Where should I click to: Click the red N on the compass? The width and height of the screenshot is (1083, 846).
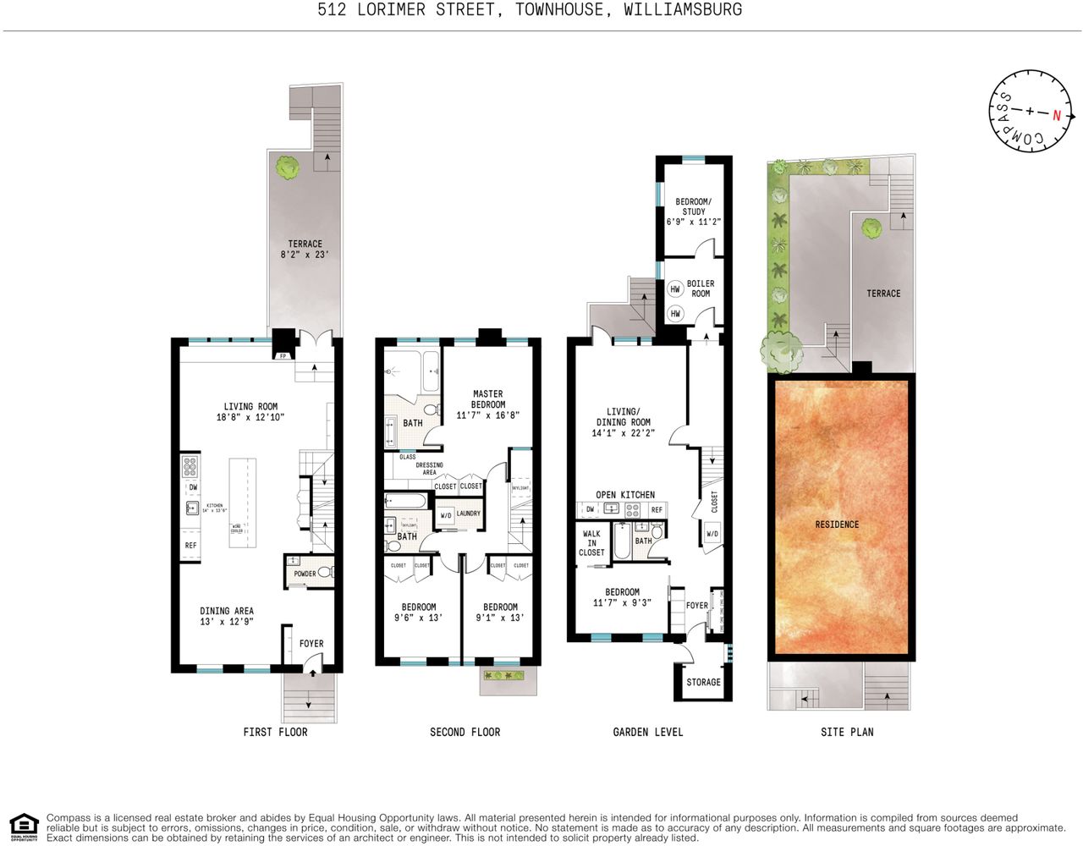1056,115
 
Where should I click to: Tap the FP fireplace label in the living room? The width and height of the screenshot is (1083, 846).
283,356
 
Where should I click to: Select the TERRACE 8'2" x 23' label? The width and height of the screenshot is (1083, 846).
305,249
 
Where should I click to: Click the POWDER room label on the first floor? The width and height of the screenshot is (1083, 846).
305,574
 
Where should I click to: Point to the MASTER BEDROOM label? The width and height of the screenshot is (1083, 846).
487,404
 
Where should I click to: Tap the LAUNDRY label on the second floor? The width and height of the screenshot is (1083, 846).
468,514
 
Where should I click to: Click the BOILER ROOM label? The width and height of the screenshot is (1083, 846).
701,288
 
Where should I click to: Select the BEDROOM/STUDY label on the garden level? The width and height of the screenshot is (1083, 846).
694,211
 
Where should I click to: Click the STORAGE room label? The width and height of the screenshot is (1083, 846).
703,682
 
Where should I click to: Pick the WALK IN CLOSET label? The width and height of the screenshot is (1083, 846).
591,543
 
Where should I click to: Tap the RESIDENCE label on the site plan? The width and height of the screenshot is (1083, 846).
837,525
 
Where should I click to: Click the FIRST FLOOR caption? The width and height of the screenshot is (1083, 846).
275,732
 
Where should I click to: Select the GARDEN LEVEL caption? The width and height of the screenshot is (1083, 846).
647,732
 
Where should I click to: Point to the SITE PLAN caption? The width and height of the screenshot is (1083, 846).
847,732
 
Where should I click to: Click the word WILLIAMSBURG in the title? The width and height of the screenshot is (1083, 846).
683,10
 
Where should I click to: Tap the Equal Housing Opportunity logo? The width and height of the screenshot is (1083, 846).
24,827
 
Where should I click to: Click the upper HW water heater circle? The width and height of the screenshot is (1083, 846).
675,289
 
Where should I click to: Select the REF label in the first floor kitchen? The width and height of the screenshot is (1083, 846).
190,546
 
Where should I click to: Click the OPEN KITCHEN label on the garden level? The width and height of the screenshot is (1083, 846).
625,495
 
